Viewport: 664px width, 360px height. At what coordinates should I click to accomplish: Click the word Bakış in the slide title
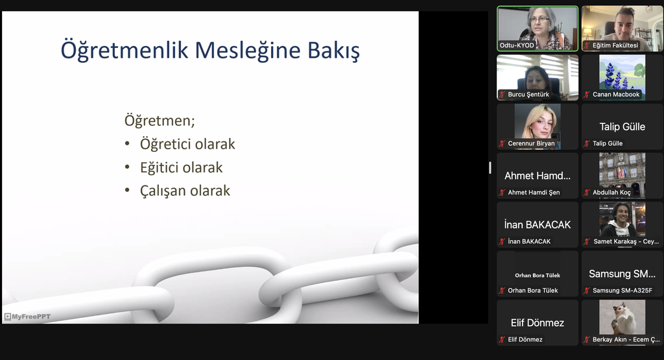tap(334, 51)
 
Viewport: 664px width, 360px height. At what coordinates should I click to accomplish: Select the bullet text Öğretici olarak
tap(187, 144)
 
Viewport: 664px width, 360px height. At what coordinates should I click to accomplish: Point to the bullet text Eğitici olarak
tap(182, 167)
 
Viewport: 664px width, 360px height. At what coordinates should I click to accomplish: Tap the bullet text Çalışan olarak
tap(185, 191)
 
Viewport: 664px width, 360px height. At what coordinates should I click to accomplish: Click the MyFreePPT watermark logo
tap(27, 317)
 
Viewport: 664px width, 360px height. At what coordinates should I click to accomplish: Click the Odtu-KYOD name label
tap(517, 45)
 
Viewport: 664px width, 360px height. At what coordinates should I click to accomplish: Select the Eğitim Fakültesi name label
tap(615, 45)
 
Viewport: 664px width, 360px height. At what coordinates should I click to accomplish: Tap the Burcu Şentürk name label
tap(528, 95)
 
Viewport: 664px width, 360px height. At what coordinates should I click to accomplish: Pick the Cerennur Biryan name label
tap(531, 143)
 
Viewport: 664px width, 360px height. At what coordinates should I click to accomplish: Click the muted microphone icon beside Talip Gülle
tap(586, 143)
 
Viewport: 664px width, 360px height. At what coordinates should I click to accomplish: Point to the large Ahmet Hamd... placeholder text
tap(538, 176)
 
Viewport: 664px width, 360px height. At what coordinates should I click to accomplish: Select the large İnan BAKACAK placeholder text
tap(538, 224)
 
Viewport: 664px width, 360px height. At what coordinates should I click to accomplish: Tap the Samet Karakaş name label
tap(626, 241)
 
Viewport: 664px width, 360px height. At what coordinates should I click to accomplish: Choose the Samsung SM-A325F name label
tap(622, 291)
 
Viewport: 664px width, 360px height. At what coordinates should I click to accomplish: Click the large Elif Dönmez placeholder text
tap(538, 323)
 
